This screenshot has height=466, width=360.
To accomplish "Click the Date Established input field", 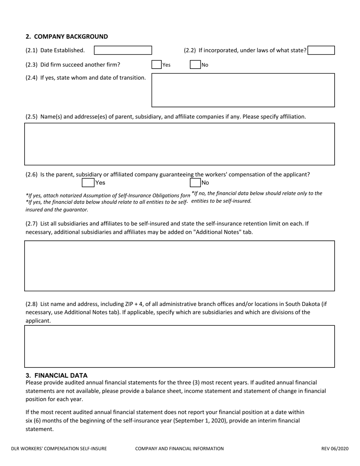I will pyautogui.click(x=123, y=50).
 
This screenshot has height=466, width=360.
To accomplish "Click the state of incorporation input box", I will pyautogui.click(x=321, y=50).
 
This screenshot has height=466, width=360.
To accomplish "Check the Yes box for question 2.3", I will pyautogui.click(x=157, y=64).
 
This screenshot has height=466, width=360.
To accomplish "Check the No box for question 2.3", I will pyautogui.click(x=195, y=64).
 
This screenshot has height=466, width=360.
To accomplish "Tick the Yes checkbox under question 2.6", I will pyautogui.click(x=88, y=183).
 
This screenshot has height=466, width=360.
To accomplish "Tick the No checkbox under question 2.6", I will pyautogui.click(x=195, y=183).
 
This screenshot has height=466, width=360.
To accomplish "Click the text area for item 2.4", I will pyautogui.click(x=243, y=90).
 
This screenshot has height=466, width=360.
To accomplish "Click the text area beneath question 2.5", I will pyautogui.click(x=180, y=144).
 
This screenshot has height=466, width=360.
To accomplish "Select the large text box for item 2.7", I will pyautogui.click(x=180, y=266).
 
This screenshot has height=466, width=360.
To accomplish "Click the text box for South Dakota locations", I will pyautogui.click(x=180, y=347).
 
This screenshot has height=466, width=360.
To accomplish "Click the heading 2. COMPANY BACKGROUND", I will pyautogui.click(x=67, y=37).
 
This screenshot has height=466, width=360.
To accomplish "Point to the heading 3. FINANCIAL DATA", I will pyautogui.click(x=56, y=375).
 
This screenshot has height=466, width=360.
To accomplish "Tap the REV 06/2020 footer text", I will pyautogui.click(x=335, y=449).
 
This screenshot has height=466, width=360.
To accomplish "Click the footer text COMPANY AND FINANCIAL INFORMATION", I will pyautogui.click(x=179, y=449).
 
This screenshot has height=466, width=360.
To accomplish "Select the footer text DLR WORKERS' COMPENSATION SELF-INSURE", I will pyautogui.click(x=59, y=449).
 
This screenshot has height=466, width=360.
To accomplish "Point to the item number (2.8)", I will pyautogui.click(x=31, y=304).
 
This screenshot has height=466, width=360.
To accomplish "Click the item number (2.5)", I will pyautogui.click(x=31, y=117).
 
